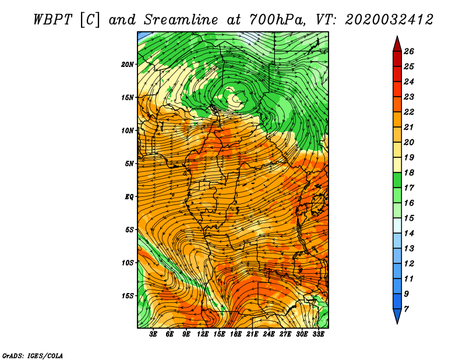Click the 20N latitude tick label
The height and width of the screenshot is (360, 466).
tap(128, 65)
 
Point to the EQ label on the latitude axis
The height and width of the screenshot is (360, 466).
tap(129, 197)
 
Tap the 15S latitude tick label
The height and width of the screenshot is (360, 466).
tap(128, 296)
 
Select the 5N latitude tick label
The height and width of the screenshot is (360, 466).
tap(129, 164)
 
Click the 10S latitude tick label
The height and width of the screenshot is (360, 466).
tap(128, 263)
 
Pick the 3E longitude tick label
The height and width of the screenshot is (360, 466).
tap(153, 334)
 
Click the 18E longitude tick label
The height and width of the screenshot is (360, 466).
tap(236, 334)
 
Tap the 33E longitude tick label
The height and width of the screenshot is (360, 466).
tap(318, 334)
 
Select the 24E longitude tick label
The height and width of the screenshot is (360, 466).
tap(269, 334)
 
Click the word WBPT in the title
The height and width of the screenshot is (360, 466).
tap(53, 20)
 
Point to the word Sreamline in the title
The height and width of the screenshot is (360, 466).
tap(181, 20)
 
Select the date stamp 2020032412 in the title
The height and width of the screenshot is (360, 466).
tap(389, 20)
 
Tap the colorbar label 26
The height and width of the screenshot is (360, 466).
tap(409, 51)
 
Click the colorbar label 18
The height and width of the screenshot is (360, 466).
tap(409, 172)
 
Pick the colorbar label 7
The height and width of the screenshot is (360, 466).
tap(406, 309)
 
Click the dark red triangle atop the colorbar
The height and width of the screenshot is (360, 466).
tap(397, 45)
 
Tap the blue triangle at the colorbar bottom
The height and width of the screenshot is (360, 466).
tap(397, 316)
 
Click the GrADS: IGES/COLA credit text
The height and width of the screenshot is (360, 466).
tap(33, 355)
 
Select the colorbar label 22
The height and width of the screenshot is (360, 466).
tap(409, 112)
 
